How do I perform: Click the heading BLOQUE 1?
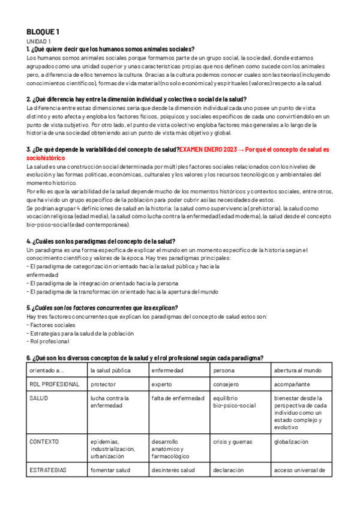(43, 32)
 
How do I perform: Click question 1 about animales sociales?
(110, 49)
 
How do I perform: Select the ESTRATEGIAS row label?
(48, 470)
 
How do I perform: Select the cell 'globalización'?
(291, 441)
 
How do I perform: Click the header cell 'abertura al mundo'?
(298, 370)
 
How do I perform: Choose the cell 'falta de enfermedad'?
(178, 398)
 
